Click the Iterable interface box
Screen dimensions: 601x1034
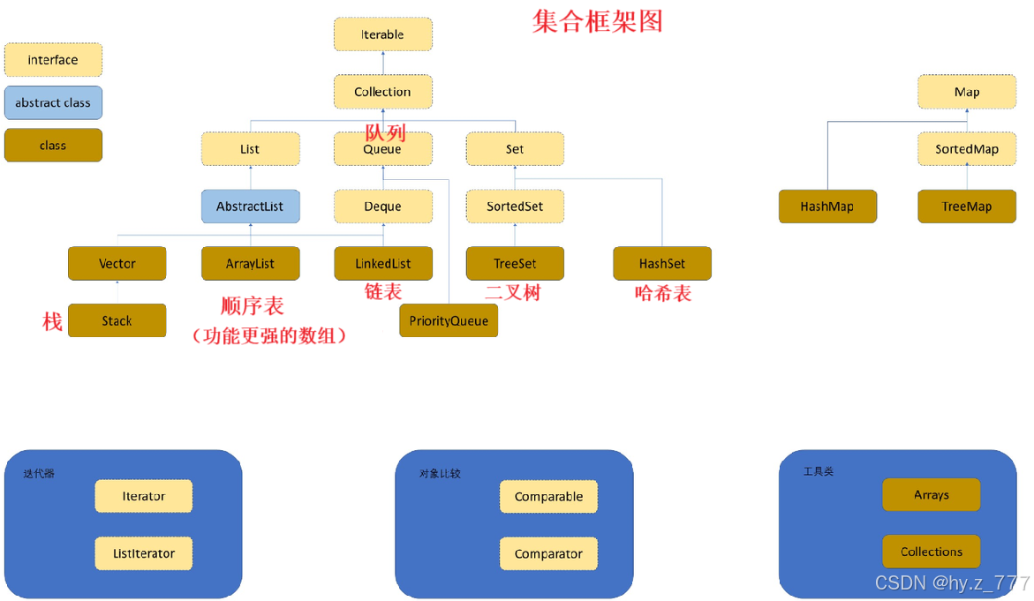pos(382,34)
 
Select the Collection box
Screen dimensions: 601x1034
pos(382,92)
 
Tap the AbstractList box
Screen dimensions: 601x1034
pos(250,207)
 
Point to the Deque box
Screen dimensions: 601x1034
pos(382,207)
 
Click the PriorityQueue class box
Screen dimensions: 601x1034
pos(449,320)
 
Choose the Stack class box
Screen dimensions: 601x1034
pos(117,320)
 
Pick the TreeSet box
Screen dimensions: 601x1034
pos(515,263)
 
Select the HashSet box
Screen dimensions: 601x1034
pos(662,263)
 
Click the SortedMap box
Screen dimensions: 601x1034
pos(967,149)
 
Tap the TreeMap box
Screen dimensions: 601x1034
pos(967,207)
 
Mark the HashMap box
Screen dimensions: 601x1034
pos(827,207)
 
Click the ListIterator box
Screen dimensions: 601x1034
pos(144,553)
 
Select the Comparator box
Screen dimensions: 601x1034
pos(548,553)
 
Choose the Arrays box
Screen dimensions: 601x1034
pos(932,495)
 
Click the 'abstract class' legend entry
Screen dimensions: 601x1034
pos(53,102)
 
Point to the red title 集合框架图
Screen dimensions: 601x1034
pos(597,21)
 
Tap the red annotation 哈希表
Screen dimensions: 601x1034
pos(663,293)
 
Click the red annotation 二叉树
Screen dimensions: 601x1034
pos(513,292)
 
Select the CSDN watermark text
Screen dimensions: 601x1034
pos(952,582)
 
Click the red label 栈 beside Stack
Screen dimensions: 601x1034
pos(52,321)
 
